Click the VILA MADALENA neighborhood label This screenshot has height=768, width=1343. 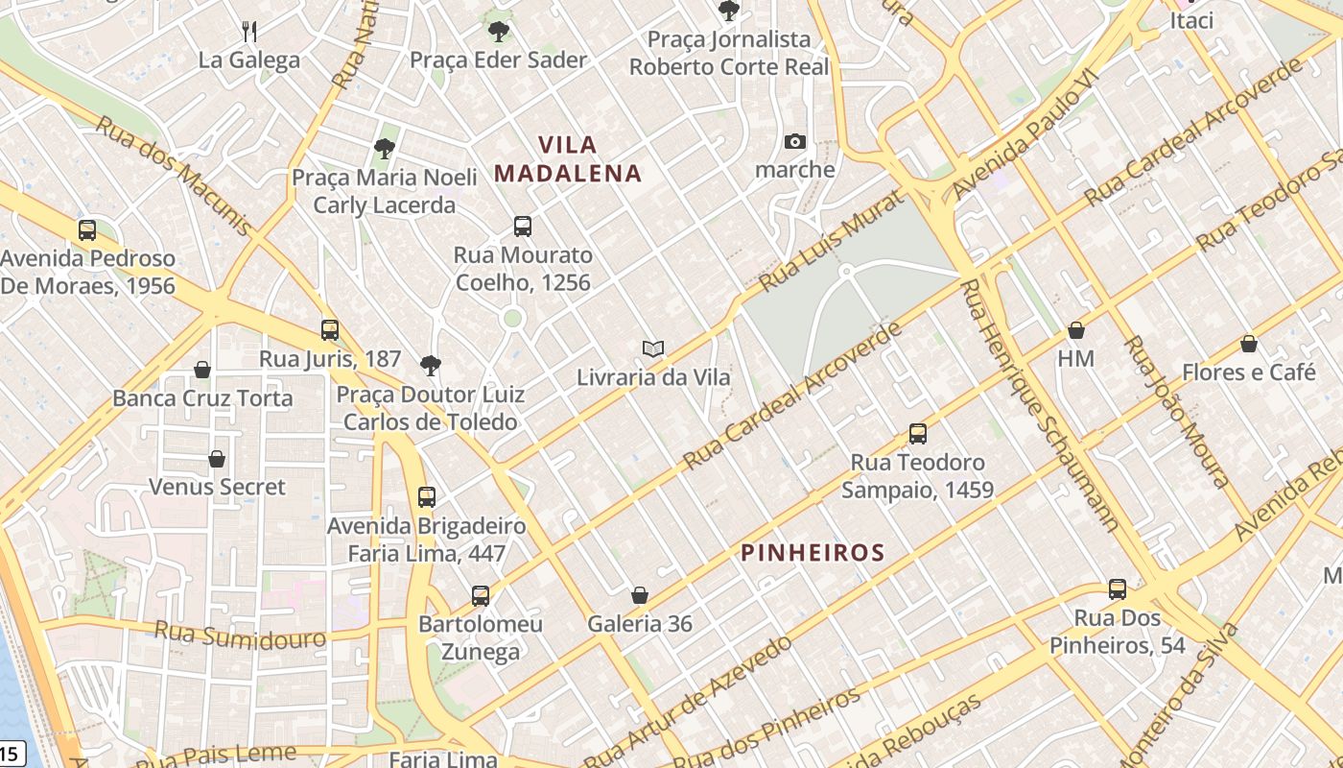pos(568,159)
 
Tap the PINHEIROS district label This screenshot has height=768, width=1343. pos(813,552)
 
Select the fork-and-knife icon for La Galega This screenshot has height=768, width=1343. pos(249,32)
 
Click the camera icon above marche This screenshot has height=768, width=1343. pos(794,142)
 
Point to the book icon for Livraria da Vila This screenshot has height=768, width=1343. pos(653,348)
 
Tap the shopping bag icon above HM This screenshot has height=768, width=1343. pos(1076,330)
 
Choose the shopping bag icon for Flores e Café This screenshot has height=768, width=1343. pos(1249,344)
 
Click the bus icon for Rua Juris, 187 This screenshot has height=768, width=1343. pos(330,330)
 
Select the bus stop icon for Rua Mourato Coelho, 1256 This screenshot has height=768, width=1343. pos(523,227)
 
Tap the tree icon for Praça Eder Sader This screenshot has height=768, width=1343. pos(498,32)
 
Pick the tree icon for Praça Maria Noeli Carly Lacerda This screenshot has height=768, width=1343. pos(385,149)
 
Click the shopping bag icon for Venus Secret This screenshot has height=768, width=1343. pos(217,459)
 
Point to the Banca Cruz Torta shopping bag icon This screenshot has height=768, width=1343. pos(202,370)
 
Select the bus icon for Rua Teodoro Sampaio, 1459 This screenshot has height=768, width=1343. pos(918,434)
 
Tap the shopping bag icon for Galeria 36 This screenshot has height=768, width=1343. pos(640,595)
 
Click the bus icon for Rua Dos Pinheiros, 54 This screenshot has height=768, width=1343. pos(1118,589)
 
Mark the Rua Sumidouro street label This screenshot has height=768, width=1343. pos(240,635)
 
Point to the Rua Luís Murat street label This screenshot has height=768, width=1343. pos(831,242)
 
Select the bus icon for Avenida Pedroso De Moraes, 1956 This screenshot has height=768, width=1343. pos(87,230)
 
